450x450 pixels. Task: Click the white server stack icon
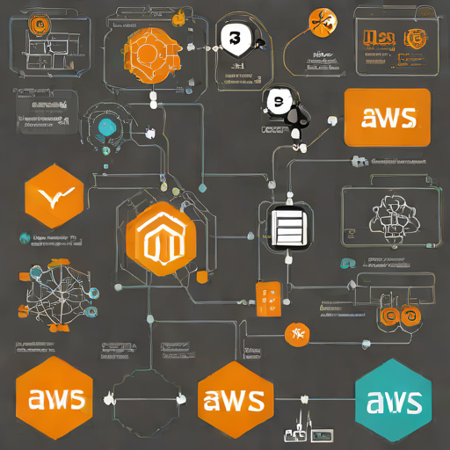(287, 229)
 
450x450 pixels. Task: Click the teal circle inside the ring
(107, 127)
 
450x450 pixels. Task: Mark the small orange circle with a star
(297, 333)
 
